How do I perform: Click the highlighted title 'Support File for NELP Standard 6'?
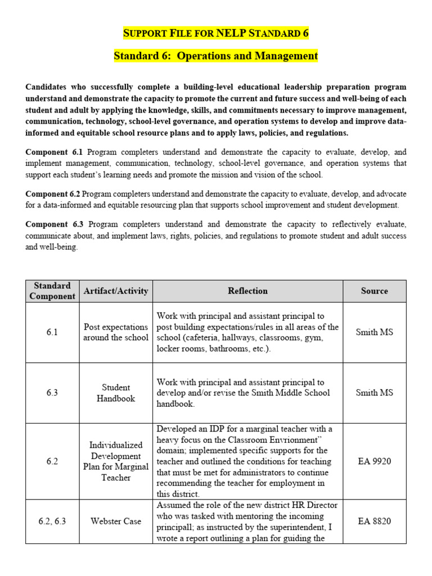point(216,33)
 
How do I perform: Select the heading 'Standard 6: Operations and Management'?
point(216,56)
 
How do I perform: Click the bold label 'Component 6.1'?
point(54,152)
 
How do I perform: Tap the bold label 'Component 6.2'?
point(54,194)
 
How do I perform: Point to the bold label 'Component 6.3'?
point(54,224)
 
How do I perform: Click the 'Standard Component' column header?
point(52,291)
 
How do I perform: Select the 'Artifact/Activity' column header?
point(116,291)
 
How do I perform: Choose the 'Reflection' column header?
point(247,291)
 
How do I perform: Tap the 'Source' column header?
point(374,291)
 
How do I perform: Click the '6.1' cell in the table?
point(52,332)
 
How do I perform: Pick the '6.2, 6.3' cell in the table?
point(52,521)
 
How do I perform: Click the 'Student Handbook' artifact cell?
point(116,393)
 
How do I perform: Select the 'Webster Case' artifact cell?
point(116,521)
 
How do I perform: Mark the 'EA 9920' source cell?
point(374,461)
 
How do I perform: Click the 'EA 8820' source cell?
point(374,521)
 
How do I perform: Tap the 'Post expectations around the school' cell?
point(116,332)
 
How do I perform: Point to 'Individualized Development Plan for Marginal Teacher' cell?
point(116,461)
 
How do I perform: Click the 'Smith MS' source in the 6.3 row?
point(374,393)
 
